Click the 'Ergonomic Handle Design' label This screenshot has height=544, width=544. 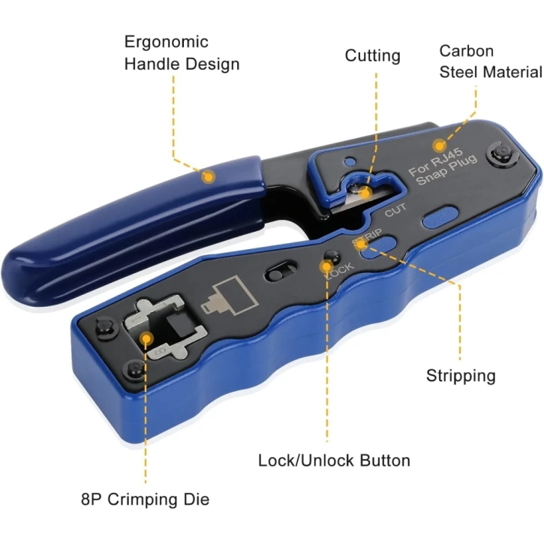tap(182, 53)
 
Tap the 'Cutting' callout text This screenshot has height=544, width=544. tap(372, 56)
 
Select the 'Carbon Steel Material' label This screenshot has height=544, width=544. tap(490, 62)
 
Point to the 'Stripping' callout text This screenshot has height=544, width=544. tap(461, 375)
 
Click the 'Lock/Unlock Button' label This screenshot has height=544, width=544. tap(334, 460)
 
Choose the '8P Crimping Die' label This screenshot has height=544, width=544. tap(146, 499)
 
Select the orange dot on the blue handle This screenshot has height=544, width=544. tap(209, 176)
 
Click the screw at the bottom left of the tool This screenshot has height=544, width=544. tap(131, 369)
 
